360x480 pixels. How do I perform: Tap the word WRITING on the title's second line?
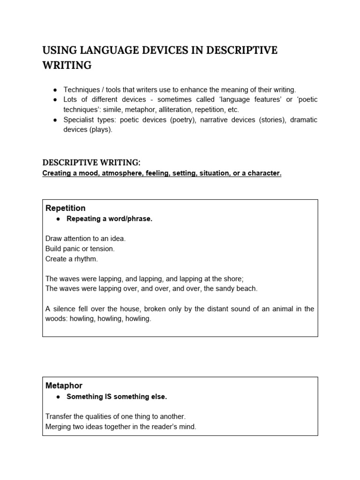pyautogui.click(x=67, y=66)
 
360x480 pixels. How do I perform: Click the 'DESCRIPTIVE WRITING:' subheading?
pyautogui.click(x=91, y=163)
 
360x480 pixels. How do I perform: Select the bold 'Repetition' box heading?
pyautogui.click(x=66, y=208)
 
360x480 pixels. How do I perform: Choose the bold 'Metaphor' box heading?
pyautogui.click(x=64, y=385)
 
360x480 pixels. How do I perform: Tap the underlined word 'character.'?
pyautogui.click(x=265, y=173)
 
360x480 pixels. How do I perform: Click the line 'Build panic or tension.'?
pyautogui.click(x=80, y=248)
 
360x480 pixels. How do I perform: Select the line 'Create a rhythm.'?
pyautogui.click(x=72, y=258)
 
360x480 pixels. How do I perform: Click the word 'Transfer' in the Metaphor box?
pyautogui.click(x=59, y=416)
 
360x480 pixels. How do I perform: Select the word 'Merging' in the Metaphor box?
pyautogui.click(x=59, y=426)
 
